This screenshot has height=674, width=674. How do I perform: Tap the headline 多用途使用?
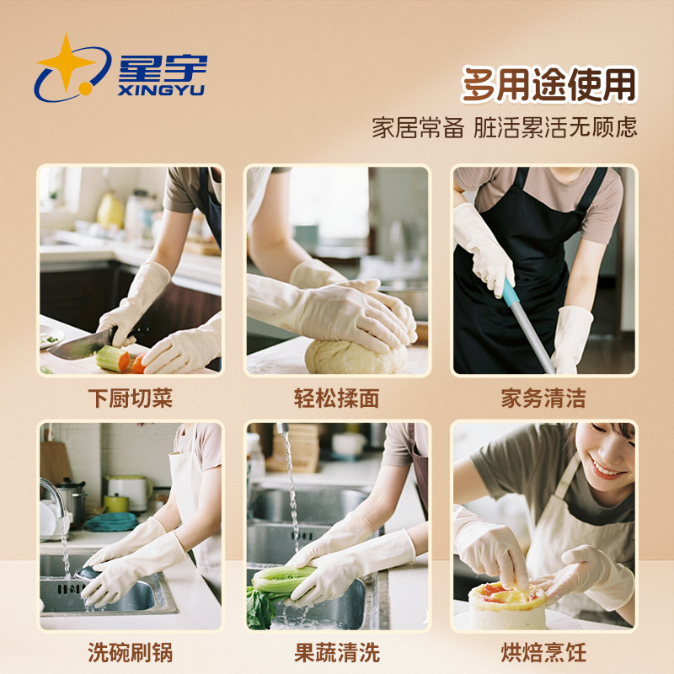(x=548, y=84)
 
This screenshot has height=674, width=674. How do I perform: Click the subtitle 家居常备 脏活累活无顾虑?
(x=504, y=127)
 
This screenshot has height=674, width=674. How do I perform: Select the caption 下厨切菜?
(x=130, y=398)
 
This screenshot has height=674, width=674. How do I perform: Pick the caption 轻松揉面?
(x=336, y=398)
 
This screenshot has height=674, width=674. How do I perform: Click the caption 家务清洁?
(x=543, y=398)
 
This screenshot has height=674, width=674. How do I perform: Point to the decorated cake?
(x=506, y=605)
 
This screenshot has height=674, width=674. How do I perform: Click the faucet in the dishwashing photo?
(x=52, y=497)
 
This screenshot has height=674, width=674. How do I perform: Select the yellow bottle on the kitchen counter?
(x=110, y=211)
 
